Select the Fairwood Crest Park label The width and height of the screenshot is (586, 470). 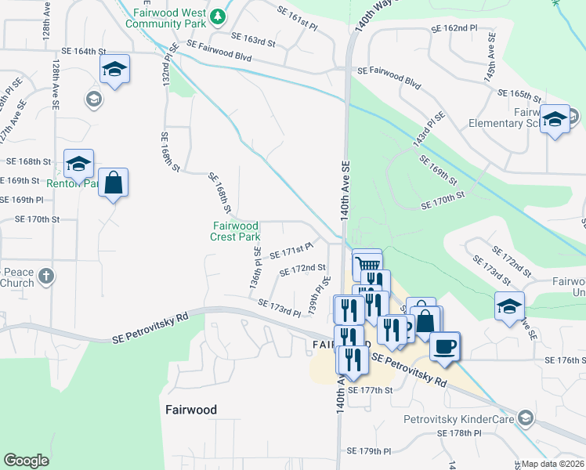pyautogui.click(x=236, y=231)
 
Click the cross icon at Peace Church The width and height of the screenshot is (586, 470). pyautogui.click(x=46, y=276)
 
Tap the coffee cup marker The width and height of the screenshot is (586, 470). pyautogui.click(x=445, y=345)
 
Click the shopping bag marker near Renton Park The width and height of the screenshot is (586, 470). pyautogui.click(x=114, y=183)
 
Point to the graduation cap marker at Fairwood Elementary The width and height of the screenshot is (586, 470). pyautogui.click(x=555, y=120)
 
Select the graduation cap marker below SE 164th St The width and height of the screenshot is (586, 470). pyautogui.click(x=114, y=70)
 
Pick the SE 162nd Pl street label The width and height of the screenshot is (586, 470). pyautogui.click(x=454, y=28)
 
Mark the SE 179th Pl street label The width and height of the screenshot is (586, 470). pyautogui.click(x=369, y=451)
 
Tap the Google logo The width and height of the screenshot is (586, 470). pyautogui.click(x=27, y=461)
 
